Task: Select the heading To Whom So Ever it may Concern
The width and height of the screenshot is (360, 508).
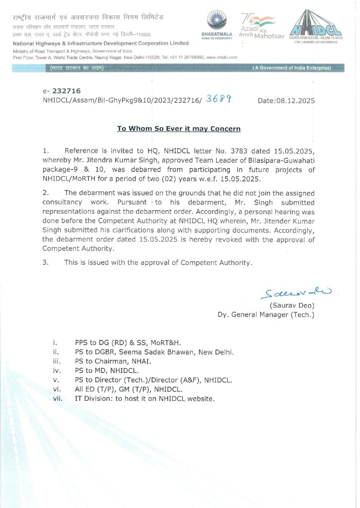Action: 179,129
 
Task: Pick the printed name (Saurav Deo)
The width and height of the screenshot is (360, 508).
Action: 292,305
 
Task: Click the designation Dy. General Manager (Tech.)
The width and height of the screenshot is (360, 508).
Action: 266,315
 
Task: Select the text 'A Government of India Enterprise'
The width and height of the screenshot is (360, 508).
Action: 291,67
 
